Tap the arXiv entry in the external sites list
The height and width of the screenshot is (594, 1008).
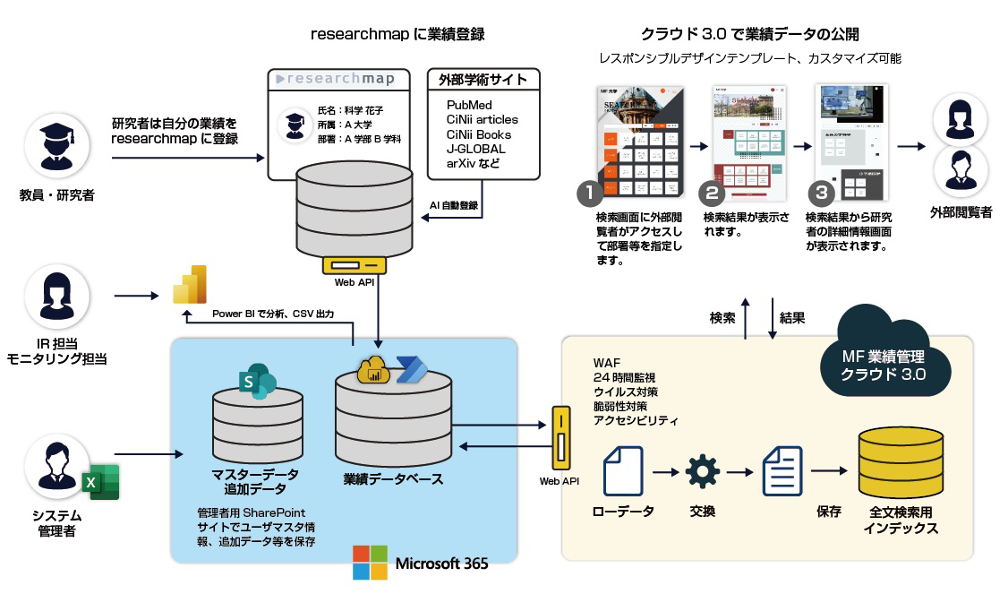coord(478,163)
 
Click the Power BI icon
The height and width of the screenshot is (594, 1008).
coord(190,285)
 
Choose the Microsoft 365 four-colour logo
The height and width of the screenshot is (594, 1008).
coord(370,563)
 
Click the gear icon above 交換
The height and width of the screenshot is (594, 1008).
coord(702,471)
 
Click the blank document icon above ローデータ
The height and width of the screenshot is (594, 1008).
coord(623,471)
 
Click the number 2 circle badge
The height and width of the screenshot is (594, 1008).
coord(713,192)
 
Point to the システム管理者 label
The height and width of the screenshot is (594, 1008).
coord(56,523)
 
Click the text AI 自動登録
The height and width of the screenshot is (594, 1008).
coord(453,205)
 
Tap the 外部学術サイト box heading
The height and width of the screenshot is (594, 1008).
coord(483,80)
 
